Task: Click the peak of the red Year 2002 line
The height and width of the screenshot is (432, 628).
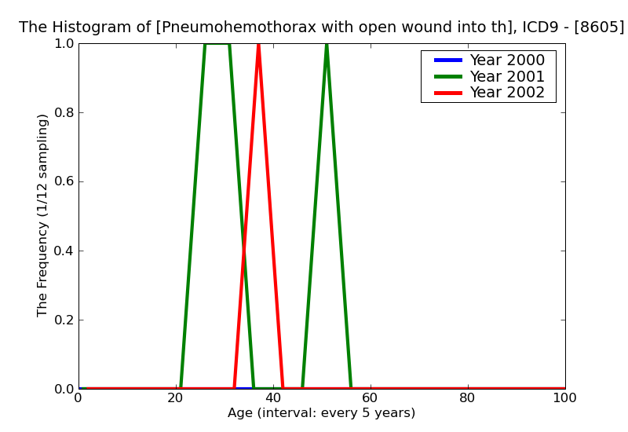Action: [x=259, y=45]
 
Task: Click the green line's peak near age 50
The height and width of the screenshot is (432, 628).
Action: [x=327, y=45]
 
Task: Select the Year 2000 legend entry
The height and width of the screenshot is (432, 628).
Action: [x=489, y=60]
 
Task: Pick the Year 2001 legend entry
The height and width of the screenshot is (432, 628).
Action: [x=489, y=76]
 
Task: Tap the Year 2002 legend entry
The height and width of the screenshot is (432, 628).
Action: [x=489, y=93]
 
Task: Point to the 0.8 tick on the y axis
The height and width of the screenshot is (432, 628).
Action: [x=64, y=112]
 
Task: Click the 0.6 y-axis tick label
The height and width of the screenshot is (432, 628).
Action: [x=64, y=182]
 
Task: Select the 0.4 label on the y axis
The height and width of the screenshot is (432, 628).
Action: [x=64, y=251]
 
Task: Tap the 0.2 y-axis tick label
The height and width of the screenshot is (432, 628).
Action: [x=64, y=320]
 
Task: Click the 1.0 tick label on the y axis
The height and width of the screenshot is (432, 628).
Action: [x=64, y=44]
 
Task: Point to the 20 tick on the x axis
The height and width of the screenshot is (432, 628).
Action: [x=176, y=398]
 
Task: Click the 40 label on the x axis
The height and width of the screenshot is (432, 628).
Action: [x=273, y=398]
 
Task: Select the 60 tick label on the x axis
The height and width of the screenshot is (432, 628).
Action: [x=371, y=398]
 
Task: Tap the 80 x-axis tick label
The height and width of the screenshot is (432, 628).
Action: [x=468, y=398]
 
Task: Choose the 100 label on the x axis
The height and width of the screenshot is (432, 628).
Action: [x=565, y=398]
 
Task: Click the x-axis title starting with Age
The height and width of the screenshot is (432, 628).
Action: [x=321, y=413]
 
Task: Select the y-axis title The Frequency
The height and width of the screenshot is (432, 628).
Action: [x=42, y=215]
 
